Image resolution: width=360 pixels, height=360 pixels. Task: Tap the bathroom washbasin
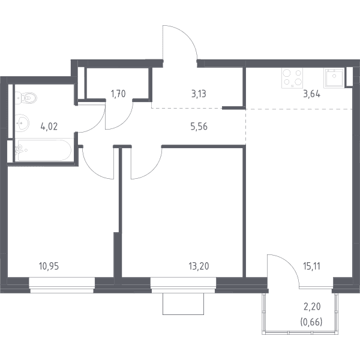(22, 123)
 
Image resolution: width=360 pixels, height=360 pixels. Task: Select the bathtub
(44, 150)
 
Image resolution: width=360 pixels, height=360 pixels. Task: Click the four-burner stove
(292, 78)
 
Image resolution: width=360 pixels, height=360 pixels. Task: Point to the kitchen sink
(334, 78)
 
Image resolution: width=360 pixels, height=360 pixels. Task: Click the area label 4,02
(49, 127)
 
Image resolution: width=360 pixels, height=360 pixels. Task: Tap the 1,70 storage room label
(118, 94)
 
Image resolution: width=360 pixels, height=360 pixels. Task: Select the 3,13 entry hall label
(199, 94)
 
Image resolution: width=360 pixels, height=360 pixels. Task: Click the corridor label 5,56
(199, 127)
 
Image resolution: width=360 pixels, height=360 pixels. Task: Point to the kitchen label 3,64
(311, 94)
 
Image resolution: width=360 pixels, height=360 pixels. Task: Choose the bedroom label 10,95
(49, 266)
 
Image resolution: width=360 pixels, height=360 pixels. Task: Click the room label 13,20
(199, 266)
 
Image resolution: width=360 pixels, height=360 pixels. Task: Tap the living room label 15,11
(311, 266)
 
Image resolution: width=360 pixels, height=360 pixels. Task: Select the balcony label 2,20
(312, 307)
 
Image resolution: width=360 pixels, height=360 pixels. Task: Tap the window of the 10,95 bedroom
(62, 285)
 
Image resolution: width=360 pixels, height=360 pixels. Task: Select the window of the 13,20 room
(183, 285)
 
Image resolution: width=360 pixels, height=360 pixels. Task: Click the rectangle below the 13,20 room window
(183, 304)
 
